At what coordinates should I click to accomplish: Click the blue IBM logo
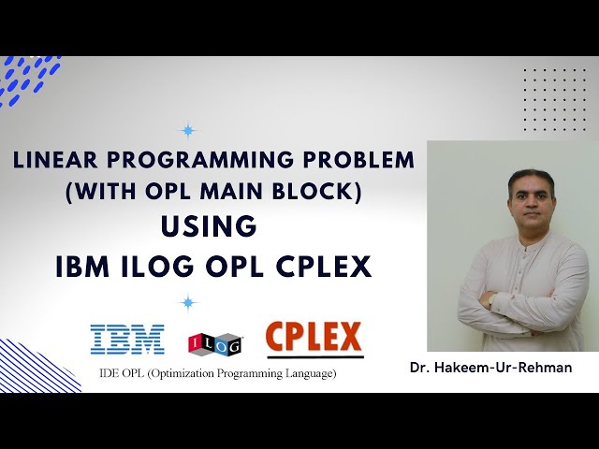click(x=126, y=340)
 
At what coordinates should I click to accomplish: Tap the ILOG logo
click(x=215, y=343)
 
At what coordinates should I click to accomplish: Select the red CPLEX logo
click(x=314, y=337)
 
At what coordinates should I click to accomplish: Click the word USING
click(x=208, y=226)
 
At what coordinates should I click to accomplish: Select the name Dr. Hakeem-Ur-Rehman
click(x=490, y=368)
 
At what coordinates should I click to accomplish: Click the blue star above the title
click(x=188, y=130)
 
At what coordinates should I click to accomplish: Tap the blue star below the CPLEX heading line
click(x=188, y=302)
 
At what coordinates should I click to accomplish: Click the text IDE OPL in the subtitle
click(x=119, y=374)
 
